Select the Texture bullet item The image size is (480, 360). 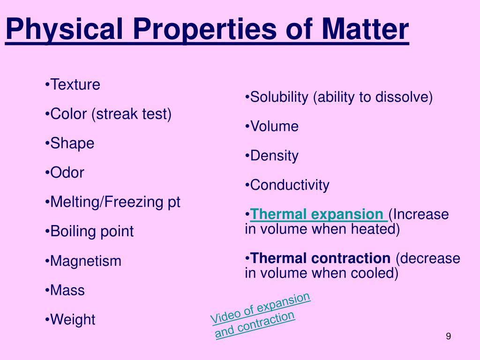[75, 85]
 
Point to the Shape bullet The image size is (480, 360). [72, 143]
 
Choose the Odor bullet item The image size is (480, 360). [67, 172]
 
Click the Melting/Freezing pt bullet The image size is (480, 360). [115, 202]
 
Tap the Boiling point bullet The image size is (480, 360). [92, 232]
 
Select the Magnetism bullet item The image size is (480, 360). [85, 261]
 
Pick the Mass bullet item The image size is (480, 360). [67, 290]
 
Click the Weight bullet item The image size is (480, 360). [73, 320]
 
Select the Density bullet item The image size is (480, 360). [274, 156]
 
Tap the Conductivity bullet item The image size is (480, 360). [290, 185]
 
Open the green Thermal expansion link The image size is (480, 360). [317, 215]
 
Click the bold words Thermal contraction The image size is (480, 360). [320, 258]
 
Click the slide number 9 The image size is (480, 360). [449, 337]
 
